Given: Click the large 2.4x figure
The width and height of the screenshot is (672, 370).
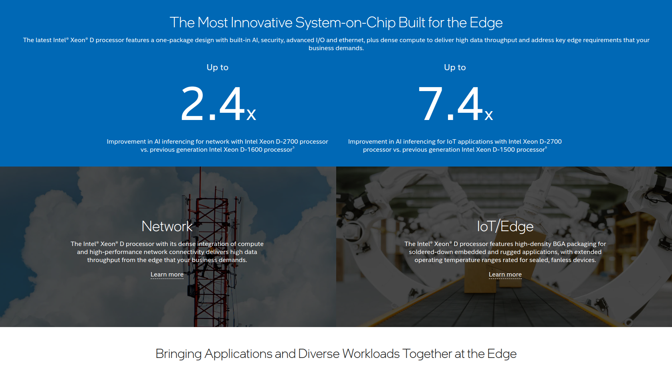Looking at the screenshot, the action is pyautogui.click(x=218, y=104).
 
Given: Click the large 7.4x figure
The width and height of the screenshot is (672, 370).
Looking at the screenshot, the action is pyautogui.click(x=455, y=104).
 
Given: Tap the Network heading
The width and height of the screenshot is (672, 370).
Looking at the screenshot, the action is pyautogui.click(x=167, y=226).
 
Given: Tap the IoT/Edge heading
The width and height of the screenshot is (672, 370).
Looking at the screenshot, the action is pyautogui.click(x=505, y=226).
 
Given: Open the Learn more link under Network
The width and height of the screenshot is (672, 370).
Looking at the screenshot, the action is pyautogui.click(x=167, y=274).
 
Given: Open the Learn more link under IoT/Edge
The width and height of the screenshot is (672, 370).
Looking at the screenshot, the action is pyautogui.click(x=505, y=274).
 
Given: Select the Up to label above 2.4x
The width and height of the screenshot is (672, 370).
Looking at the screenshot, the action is pyautogui.click(x=218, y=67).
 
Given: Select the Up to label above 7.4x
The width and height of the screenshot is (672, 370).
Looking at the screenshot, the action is pyautogui.click(x=455, y=67).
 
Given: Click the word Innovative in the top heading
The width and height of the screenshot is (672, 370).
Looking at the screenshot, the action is pyautogui.click(x=261, y=22).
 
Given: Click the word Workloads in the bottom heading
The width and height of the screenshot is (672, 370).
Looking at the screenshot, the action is pyautogui.click(x=371, y=354).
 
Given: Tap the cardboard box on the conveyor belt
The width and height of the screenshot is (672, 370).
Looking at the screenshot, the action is pyautogui.click(x=480, y=279).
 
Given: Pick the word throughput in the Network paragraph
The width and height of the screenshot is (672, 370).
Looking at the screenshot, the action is pyautogui.click(x=103, y=260).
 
